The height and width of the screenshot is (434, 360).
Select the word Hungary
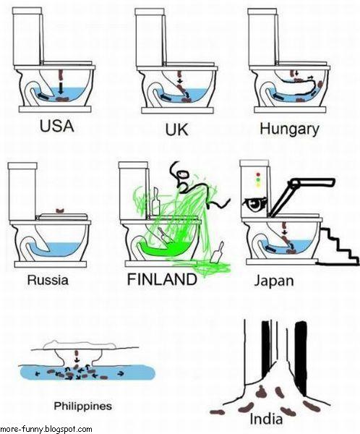289,129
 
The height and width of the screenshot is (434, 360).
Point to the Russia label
48,279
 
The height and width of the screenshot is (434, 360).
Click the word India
265,419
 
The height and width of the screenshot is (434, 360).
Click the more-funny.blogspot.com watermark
46,429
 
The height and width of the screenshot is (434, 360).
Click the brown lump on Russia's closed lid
60,211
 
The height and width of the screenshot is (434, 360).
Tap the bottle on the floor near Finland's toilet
218,252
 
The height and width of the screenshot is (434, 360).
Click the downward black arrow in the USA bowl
61,87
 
